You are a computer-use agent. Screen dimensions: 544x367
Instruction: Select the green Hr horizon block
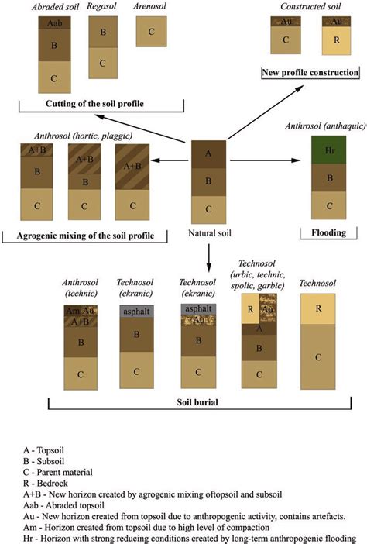[x=328, y=150]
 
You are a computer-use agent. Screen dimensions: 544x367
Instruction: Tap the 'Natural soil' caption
[x=211, y=232]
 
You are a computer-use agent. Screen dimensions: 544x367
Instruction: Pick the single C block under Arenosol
[x=151, y=31]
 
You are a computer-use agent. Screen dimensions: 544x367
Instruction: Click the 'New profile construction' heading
[x=310, y=72]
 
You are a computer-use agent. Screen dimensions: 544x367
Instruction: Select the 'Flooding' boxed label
[x=327, y=232]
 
